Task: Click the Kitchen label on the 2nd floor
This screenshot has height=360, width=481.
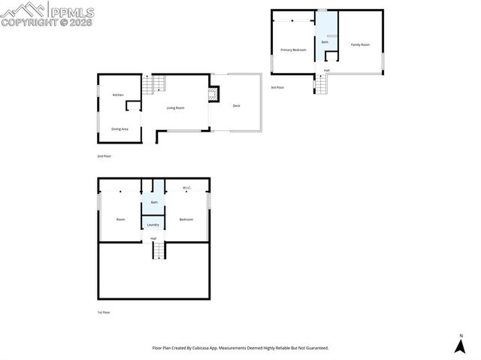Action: point(118,95)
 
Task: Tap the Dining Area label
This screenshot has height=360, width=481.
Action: point(120,129)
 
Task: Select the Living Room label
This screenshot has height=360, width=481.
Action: point(175,108)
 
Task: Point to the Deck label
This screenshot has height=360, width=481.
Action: point(236,106)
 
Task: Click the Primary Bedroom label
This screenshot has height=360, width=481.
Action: point(293,50)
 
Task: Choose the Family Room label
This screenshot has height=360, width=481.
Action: point(361,45)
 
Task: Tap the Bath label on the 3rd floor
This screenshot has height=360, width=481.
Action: point(325,42)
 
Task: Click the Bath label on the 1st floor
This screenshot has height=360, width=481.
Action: point(154,202)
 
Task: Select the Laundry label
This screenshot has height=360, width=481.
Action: point(153,225)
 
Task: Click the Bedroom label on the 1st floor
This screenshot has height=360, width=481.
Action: point(186,219)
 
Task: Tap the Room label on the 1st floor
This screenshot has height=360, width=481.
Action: point(120,219)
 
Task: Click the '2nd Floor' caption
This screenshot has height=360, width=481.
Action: point(104,156)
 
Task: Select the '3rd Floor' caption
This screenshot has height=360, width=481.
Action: point(278,88)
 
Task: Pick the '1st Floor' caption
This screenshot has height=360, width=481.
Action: point(104,312)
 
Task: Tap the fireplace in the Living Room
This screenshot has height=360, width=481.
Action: point(213,95)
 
